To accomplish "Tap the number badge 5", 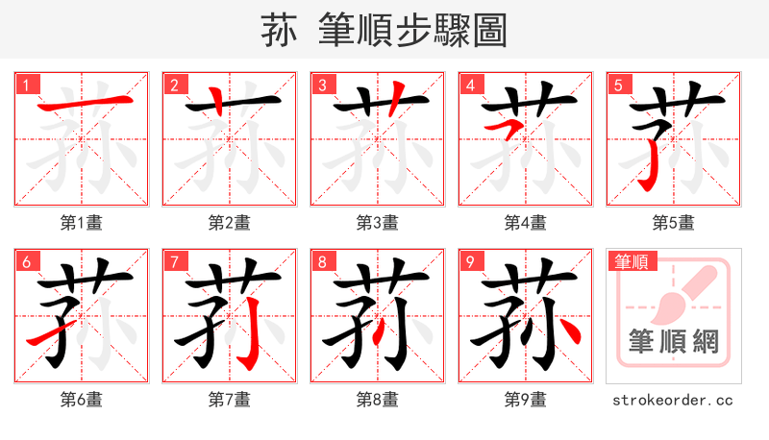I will [x=619, y=85].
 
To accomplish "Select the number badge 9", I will [x=471, y=261].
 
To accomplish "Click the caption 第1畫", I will [x=81, y=223].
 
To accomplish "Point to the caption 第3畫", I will [x=377, y=223].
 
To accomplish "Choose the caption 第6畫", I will [x=81, y=399].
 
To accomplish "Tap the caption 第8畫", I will [x=377, y=399].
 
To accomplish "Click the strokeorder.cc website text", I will [x=673, y=399].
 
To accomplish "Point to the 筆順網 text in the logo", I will [x=673, y=340].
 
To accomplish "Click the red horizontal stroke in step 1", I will [x=82, y=101].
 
